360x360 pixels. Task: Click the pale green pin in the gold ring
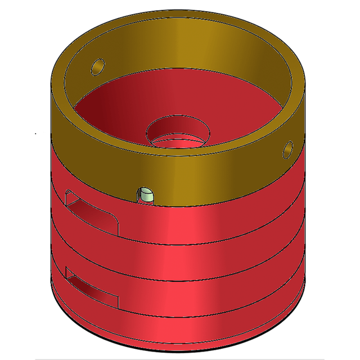point(146,195)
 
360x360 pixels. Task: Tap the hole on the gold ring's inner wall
point(97,65)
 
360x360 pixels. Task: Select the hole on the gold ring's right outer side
point(287,150)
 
